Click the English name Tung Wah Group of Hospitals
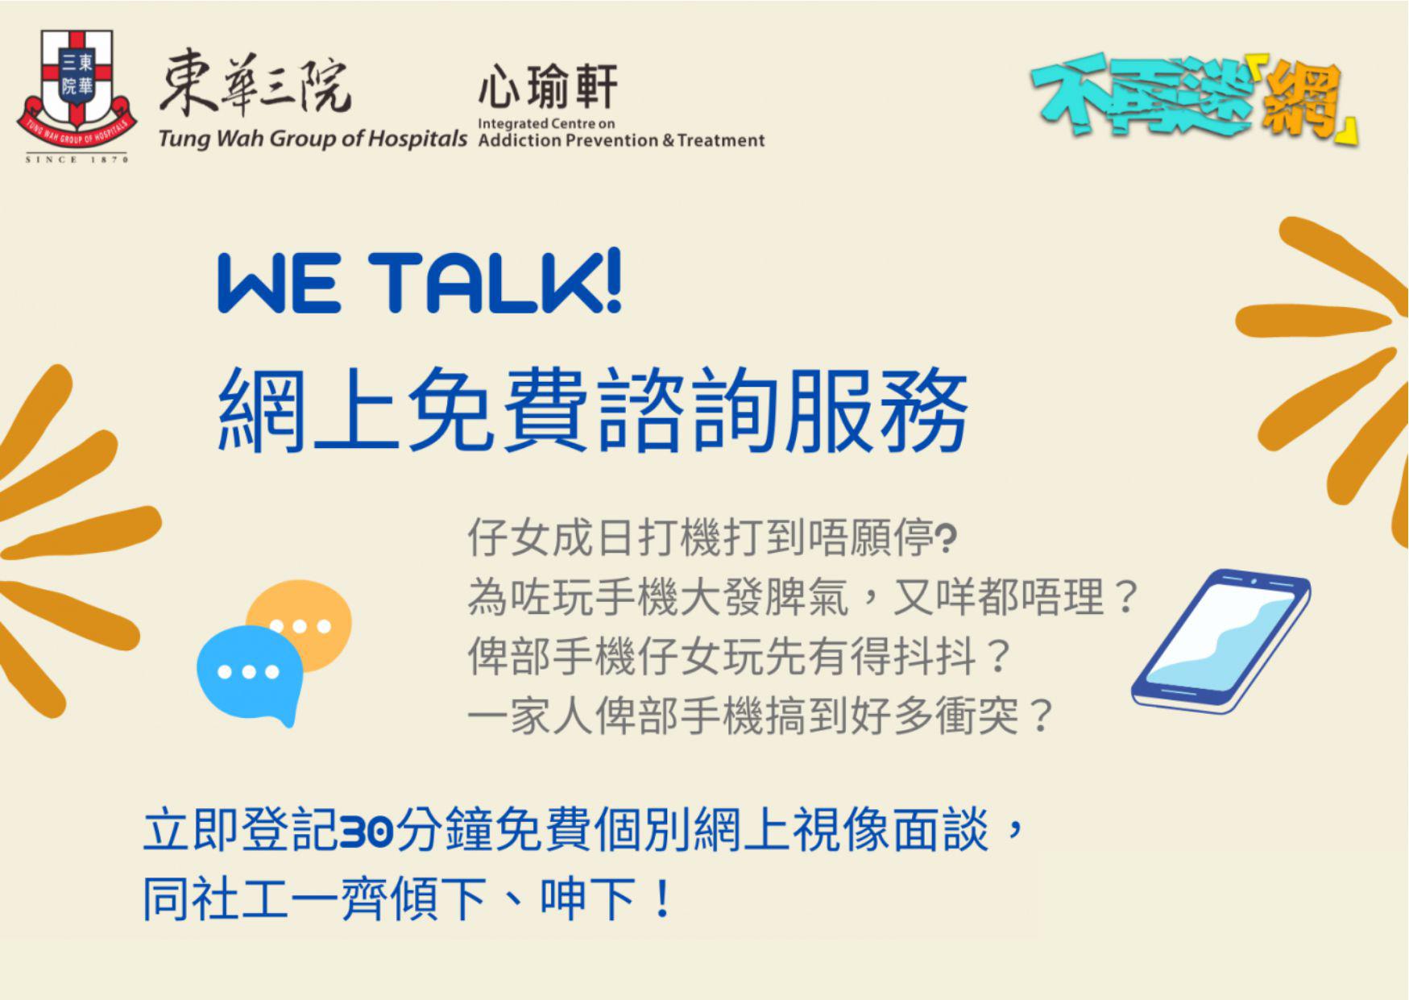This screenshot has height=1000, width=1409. [313, 139]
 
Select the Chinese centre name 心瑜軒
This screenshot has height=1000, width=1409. [548, 87]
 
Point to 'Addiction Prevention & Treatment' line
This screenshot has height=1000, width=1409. [621, 140]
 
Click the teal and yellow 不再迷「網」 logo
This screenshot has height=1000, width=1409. [1194, 103]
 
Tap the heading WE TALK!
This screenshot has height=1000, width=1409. [420, 283]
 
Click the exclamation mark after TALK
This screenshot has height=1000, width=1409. [612, 282]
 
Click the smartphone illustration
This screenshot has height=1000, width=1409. [1220, 641]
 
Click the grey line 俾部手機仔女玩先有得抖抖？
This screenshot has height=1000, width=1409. [739, 657]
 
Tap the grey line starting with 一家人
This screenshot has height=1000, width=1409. [760, 716]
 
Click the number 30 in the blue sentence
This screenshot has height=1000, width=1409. [366, 831]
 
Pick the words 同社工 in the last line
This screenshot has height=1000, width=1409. [216, 898]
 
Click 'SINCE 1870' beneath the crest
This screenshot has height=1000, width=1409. [77, 160]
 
